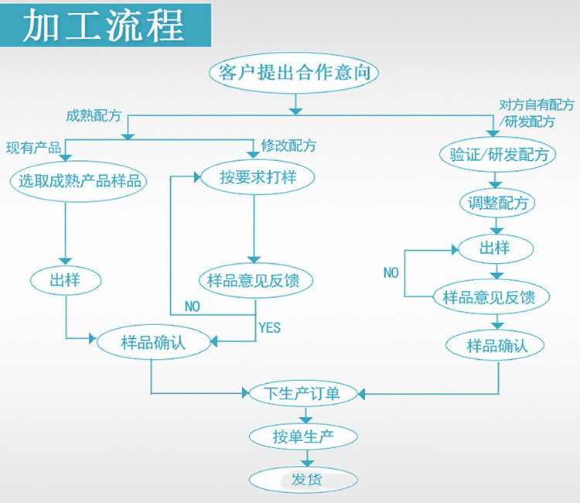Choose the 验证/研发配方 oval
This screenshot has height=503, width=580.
(x=498, y=154)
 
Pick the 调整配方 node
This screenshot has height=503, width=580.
(x=498, y=204)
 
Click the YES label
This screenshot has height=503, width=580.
(x=269, y=327)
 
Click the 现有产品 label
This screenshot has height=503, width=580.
(x=33, y=148)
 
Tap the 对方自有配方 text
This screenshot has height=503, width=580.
(x=536, y=105)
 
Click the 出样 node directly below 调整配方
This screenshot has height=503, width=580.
(x=495, y=249)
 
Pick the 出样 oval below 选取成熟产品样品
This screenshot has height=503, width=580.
(x=65, y=280)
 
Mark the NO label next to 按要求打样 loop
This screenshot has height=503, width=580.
(x=192, y=306)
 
